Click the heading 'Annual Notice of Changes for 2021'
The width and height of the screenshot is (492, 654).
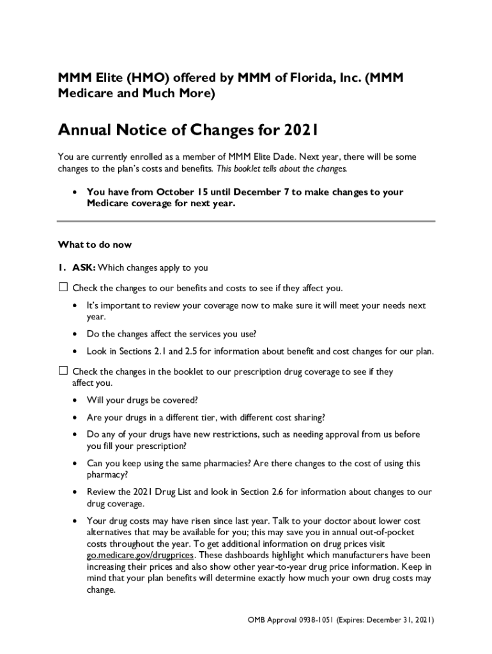coord(188,131)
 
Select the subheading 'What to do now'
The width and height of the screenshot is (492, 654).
coord(95,245)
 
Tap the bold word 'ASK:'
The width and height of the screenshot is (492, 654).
coord(84,268)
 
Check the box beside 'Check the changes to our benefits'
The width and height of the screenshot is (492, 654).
coord(63,287)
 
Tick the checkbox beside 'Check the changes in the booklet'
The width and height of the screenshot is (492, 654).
coord(63,371)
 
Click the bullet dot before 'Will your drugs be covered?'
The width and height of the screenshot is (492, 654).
coord(75,400)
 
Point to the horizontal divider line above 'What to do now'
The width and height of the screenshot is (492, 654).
coord(246,222)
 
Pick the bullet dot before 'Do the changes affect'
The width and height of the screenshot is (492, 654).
coord(75,334)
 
